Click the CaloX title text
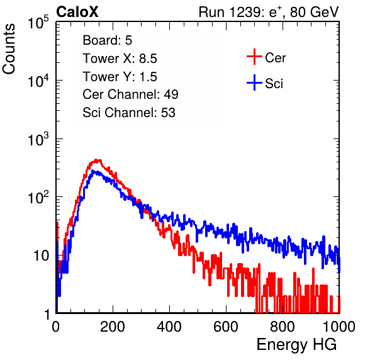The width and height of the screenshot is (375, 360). click(77, 12)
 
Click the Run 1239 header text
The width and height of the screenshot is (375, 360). click(269, 12)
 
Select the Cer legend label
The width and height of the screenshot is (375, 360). click(275, 58)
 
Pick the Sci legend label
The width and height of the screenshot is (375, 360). click(274, 84)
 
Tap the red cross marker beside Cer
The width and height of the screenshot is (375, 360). click(254, 57)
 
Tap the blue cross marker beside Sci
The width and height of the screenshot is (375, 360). click(254, 82)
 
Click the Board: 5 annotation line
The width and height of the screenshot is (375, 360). click(107, 40)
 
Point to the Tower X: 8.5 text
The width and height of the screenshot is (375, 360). click(120, 59)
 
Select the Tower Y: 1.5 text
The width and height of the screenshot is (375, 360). click(120, 77)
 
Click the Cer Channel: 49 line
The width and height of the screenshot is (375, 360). click(130, 94)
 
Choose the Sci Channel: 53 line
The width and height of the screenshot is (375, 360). click(129, 113)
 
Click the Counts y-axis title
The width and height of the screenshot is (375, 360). click(9, 49)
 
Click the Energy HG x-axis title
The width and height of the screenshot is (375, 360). click(296, 345)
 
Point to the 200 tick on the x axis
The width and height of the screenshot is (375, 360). click(113, 327)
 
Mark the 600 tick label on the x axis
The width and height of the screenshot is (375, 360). click(226, 327)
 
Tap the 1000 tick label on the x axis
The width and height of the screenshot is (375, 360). click(339, 327)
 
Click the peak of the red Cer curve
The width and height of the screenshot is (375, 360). click(96, 160)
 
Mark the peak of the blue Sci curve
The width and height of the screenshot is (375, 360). click(93, 171)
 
